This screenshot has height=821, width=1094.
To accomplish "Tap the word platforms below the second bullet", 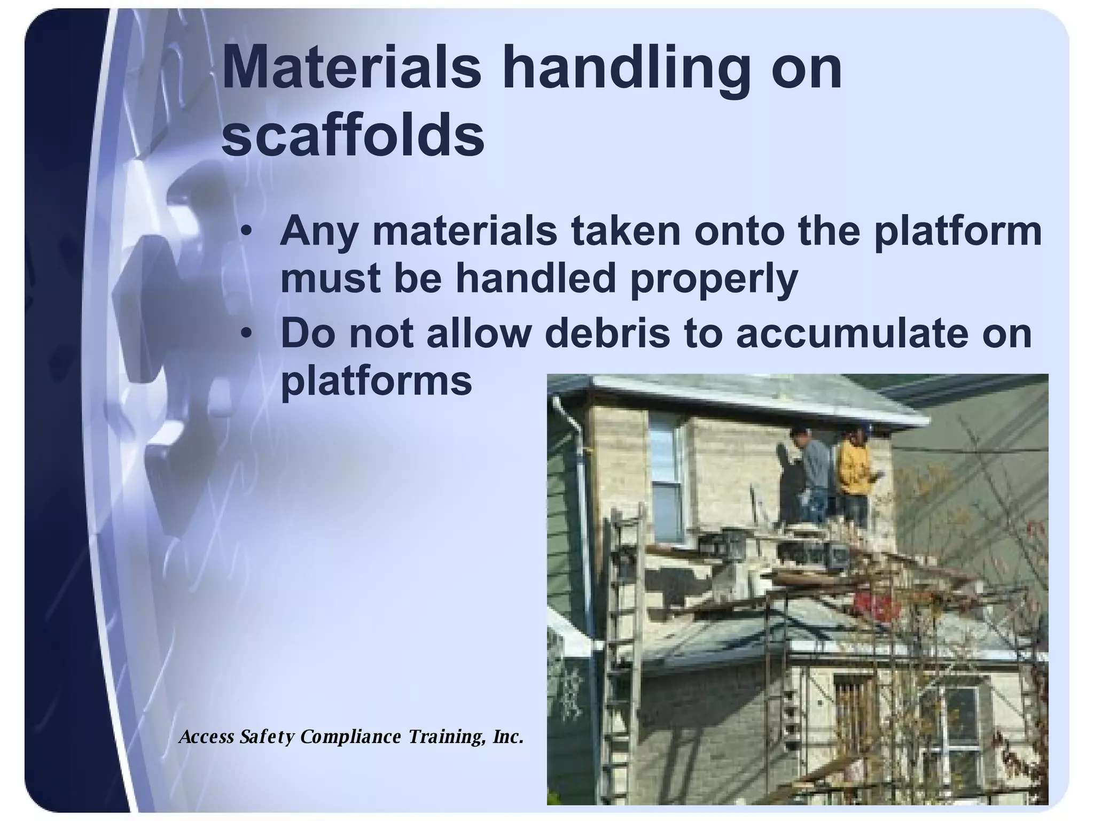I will pos(376,381).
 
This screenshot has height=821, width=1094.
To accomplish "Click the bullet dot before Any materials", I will pos(246,232).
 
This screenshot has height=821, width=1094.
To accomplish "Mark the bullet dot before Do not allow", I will pos(246,334).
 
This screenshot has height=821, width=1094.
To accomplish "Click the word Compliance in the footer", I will pos(350,737).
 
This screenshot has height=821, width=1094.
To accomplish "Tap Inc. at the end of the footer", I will pos(507,737).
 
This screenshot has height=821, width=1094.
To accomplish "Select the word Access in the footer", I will pos(207,737).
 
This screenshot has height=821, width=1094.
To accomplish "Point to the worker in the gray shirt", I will pos(812,470).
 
